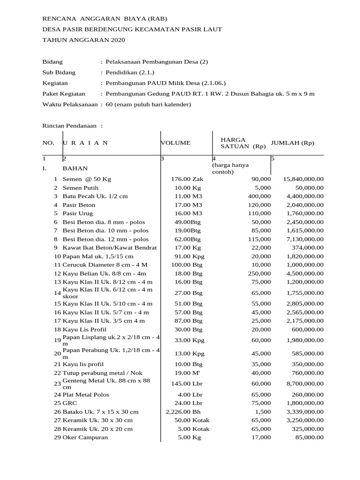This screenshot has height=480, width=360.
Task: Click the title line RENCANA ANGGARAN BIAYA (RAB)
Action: tap(104, 19)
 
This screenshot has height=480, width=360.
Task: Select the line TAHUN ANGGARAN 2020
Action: tap(84, 40)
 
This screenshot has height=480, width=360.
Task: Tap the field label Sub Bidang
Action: tap(59, 73)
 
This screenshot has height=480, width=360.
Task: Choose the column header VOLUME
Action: tap(176, 142)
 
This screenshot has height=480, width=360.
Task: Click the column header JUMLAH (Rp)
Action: tap(292, 142)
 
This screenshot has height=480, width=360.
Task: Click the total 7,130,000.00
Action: tap(303, 239)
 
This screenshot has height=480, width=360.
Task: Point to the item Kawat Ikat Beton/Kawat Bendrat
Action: tap(109, 247)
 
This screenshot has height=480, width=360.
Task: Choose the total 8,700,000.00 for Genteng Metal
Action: tap(303, 383)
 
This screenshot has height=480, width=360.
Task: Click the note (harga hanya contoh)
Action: tap(231, 168)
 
